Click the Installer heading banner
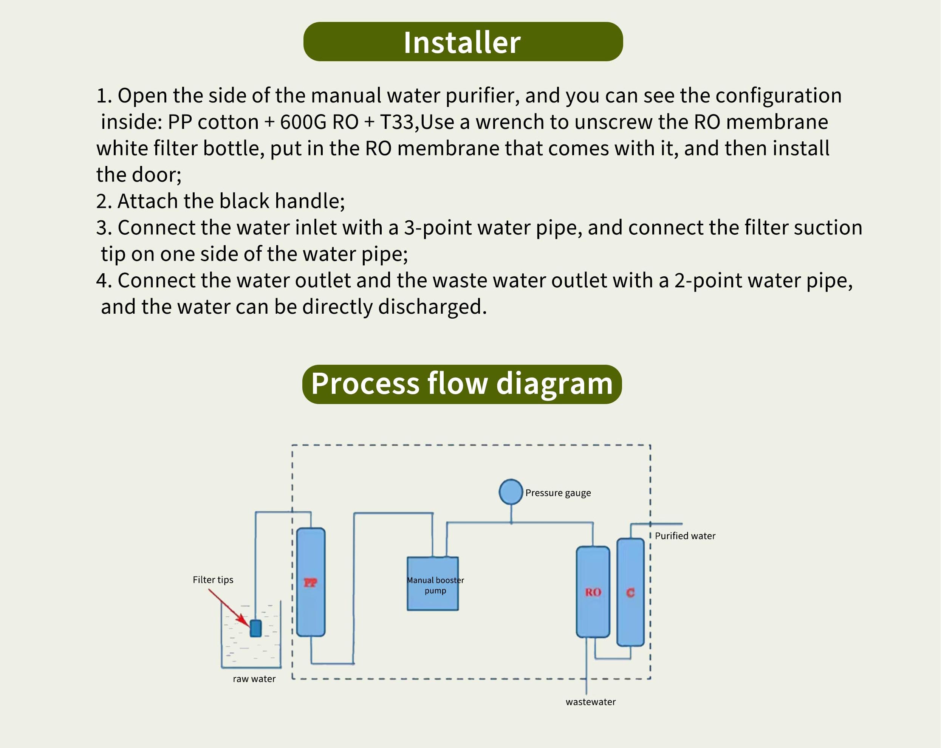click(x=463, y=42)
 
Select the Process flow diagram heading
click(x=462, y=384)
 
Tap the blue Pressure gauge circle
click(x=511, y=492)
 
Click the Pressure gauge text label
click(x=558, y=493)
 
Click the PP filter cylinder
click(x=311, y=582)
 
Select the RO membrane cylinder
click(x=593, y=592)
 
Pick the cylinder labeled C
click(x=630, y=592)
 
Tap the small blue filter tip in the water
click(x=256, y=629)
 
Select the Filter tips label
click(x=213, y=579)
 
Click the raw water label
click(x=254, y=678)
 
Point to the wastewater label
click(x=591, y=702)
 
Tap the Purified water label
click(x=685, y=536)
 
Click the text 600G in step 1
click(x=303, y=122)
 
